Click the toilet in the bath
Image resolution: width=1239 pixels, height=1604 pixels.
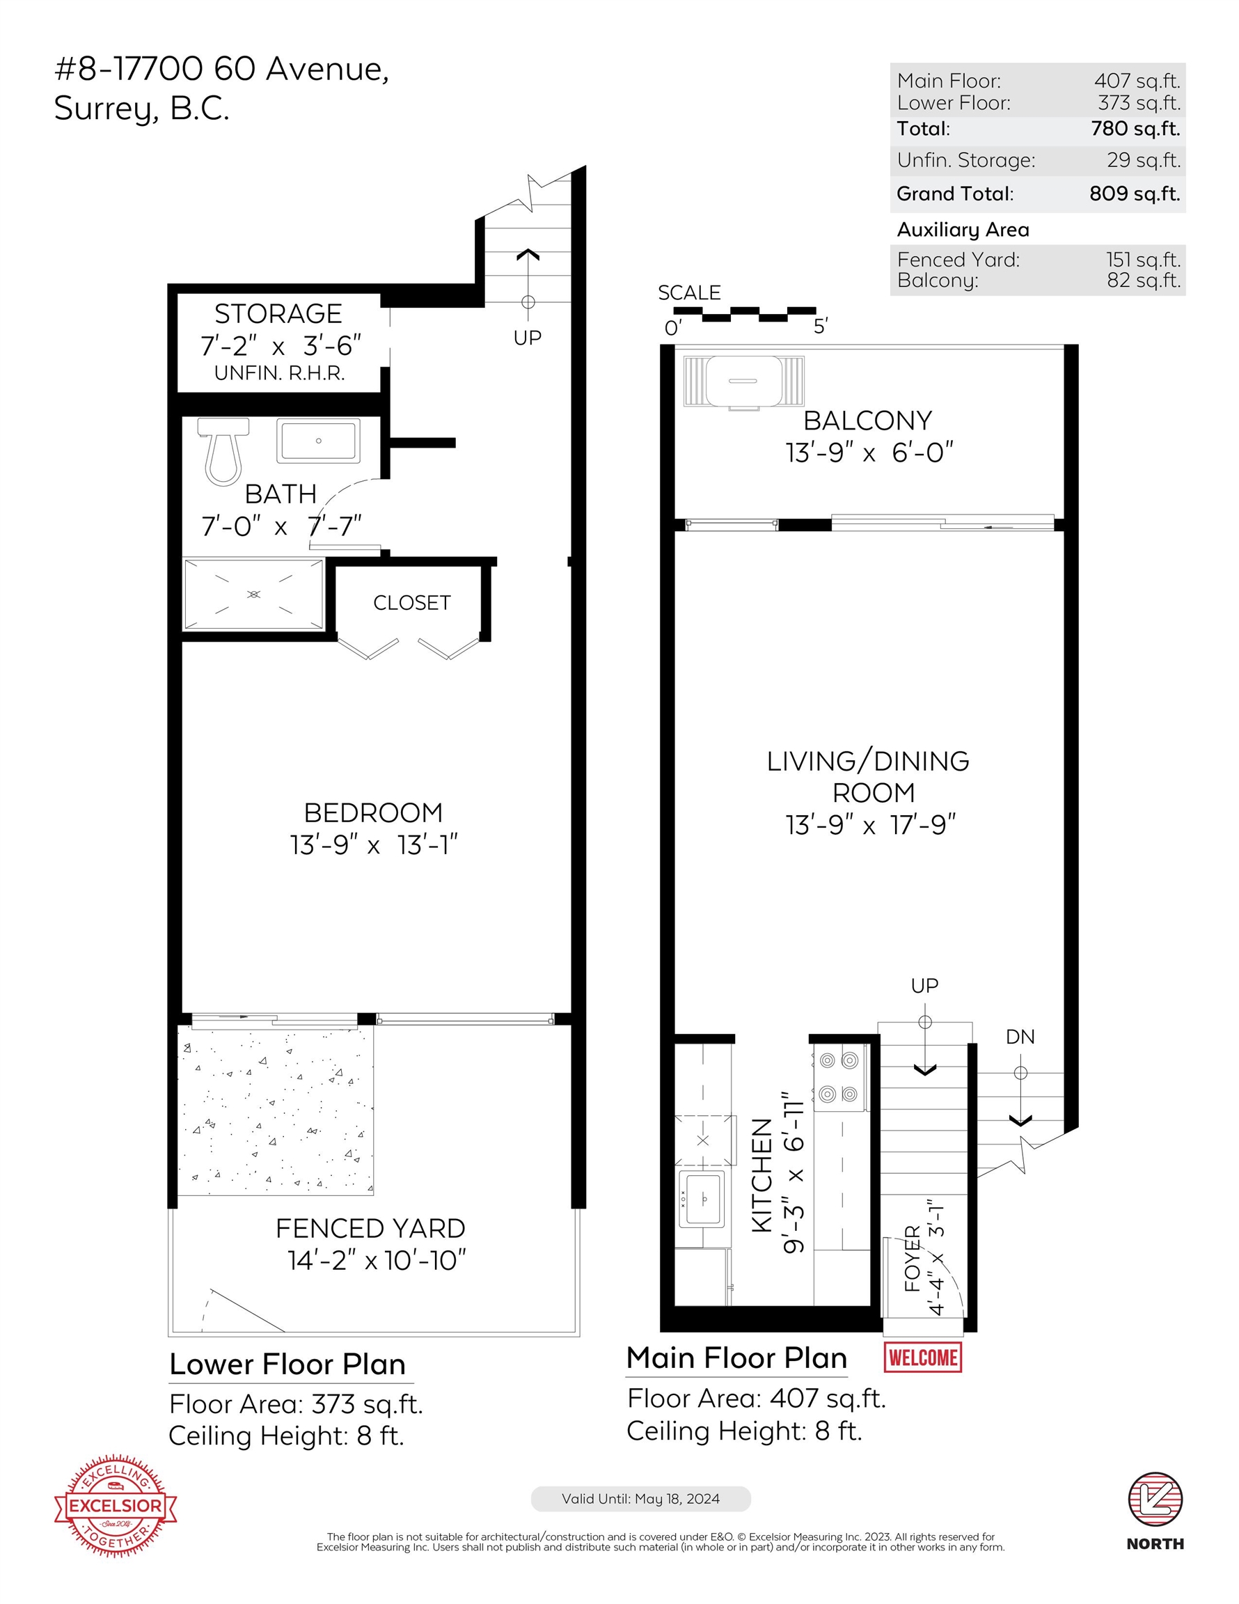(x=223, y=450)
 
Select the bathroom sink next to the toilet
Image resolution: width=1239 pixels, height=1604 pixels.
(x=318, y=441)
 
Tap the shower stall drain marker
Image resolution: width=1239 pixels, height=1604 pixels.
(x=253, y=594)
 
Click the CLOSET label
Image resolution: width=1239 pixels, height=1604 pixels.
(x=411, y=603)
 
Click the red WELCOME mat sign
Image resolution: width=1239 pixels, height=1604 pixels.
(x=922, y=1356)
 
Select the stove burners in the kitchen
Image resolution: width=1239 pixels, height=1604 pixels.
(x=839, y=1078)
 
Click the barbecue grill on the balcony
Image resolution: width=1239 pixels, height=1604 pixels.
(x=743, y=382)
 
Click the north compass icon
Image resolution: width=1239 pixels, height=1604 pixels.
(x=1155, y=1499)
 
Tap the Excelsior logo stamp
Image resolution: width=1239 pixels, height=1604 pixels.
(x=116, y=1505)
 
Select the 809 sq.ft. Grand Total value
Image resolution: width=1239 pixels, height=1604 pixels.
(x=1134, y=194)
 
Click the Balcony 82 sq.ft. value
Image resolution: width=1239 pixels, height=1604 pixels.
(x=1143, y=281)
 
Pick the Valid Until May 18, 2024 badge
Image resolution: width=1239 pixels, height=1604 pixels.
(x=640, y=1499)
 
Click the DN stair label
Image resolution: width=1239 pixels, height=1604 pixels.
(x=1020, y=1037)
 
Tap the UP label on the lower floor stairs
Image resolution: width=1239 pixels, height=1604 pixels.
(x=527, y=338)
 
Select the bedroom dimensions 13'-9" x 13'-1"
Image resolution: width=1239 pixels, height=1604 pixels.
(x=373, y=845)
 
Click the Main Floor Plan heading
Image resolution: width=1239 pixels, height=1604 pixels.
(x=736, y=1358)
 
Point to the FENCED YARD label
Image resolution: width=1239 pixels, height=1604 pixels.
(x=370, y=1229)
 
